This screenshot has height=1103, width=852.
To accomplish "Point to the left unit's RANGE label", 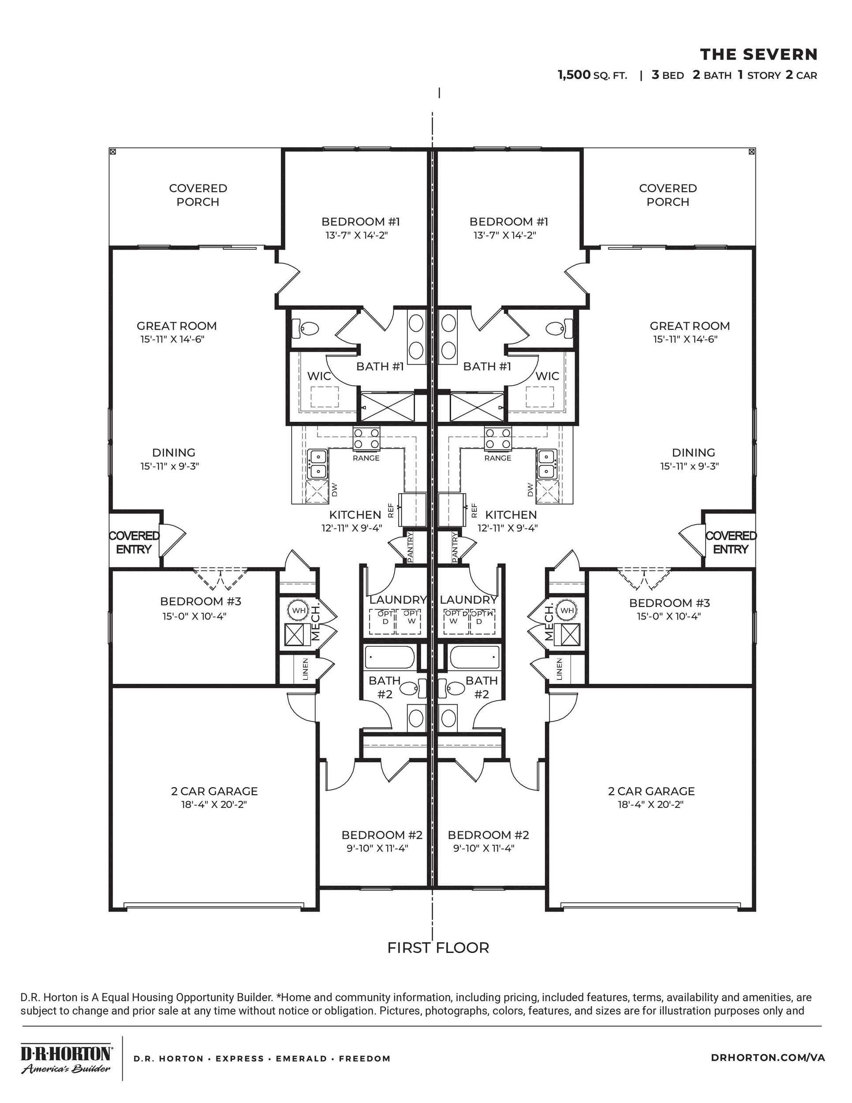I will point(366,458).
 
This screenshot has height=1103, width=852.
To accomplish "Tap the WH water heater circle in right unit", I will point(567,610).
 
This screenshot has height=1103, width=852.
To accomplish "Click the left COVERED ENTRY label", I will point(134,542).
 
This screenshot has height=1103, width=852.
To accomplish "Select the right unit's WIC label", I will point(547,376).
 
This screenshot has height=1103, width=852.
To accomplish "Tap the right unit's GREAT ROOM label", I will point(689,326).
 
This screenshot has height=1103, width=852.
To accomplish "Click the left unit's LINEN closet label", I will point(305,669).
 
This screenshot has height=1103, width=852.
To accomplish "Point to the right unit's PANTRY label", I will point(455,547).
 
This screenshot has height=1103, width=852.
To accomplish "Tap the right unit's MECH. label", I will point(549,622).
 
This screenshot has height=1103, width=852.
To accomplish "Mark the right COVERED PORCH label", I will point(667,195).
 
